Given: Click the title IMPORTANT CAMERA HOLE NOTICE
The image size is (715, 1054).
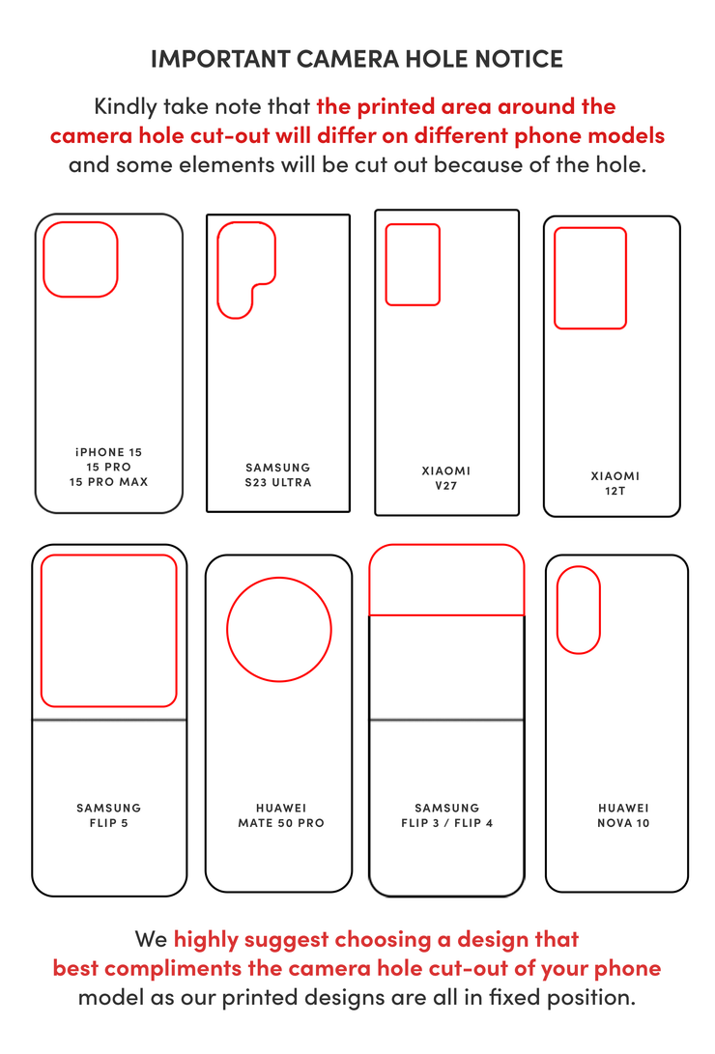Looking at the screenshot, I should click(x=357, y=59).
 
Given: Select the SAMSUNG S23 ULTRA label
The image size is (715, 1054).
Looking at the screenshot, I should click(x=278, y=474).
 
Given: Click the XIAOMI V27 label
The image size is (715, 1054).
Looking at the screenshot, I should click(x=446, y=478).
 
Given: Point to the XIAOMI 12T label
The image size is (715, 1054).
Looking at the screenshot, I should click(x=615, y=483).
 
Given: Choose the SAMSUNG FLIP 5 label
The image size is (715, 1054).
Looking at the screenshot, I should click(x=108, y=815).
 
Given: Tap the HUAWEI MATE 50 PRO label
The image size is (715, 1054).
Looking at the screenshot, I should click(x=281, y=815).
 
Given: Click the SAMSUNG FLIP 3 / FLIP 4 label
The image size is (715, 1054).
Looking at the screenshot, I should click(x=446, y=815).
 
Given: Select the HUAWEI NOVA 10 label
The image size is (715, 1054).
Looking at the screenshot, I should click(x=623, y=815).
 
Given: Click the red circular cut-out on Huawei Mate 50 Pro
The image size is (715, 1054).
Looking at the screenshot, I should click(x=279, y=630).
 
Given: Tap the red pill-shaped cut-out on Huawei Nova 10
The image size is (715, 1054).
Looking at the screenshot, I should click(x=579, y=610).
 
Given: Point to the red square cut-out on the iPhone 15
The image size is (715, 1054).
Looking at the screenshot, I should click(x=80, y=259).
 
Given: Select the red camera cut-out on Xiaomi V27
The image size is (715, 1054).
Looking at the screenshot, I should click(x=413, y=265).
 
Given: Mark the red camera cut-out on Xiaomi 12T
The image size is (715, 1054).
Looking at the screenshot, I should click(x=589, y=278).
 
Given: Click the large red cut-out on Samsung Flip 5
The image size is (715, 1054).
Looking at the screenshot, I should click(x=108, y=630).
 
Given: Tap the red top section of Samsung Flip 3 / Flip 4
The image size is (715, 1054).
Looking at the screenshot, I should click(x=446, y=581).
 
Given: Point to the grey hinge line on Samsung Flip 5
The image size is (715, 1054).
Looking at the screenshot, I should click(x=108, y=720).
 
